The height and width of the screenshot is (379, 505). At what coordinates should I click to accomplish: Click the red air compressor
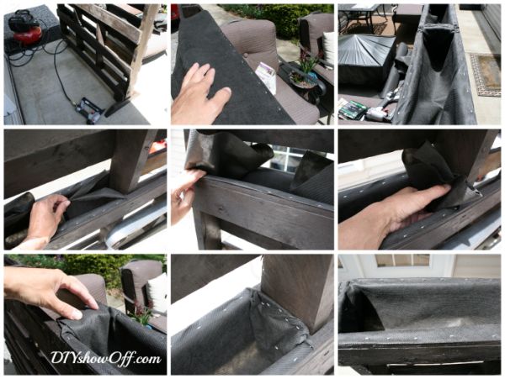25,29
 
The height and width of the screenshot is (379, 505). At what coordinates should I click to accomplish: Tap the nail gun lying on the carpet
88,110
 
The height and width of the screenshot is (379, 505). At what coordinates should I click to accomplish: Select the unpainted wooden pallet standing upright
106,48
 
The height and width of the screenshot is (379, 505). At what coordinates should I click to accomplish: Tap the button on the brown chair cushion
247,55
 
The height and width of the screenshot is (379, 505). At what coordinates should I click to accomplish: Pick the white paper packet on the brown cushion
266,76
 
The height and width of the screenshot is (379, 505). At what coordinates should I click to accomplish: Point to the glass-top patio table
359,16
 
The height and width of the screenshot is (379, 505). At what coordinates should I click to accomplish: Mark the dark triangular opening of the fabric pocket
439,48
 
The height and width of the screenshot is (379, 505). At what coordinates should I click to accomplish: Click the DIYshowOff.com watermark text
106,358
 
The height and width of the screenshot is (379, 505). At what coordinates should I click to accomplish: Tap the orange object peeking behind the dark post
157,149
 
